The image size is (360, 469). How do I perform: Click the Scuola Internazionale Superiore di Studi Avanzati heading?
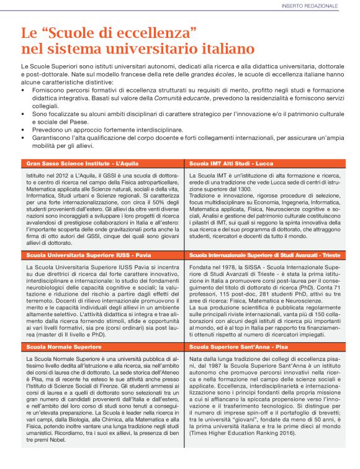tap(264, 255)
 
